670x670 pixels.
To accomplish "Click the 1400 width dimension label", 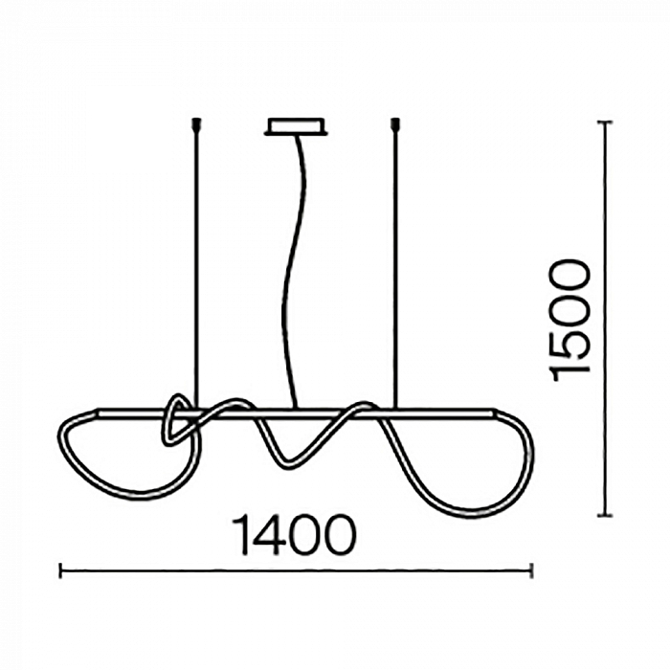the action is click(x=294, y=534).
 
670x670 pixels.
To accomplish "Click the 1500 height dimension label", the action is click(x=570, y=320).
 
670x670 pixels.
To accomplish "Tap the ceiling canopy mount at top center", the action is click(x=296, y=126).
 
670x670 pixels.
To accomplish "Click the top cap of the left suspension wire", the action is click(x=196, y=123).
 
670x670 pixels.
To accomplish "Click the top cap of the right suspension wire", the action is click(x=395, y=123).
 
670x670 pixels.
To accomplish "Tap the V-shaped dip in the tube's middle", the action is click(x=287, y=466).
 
